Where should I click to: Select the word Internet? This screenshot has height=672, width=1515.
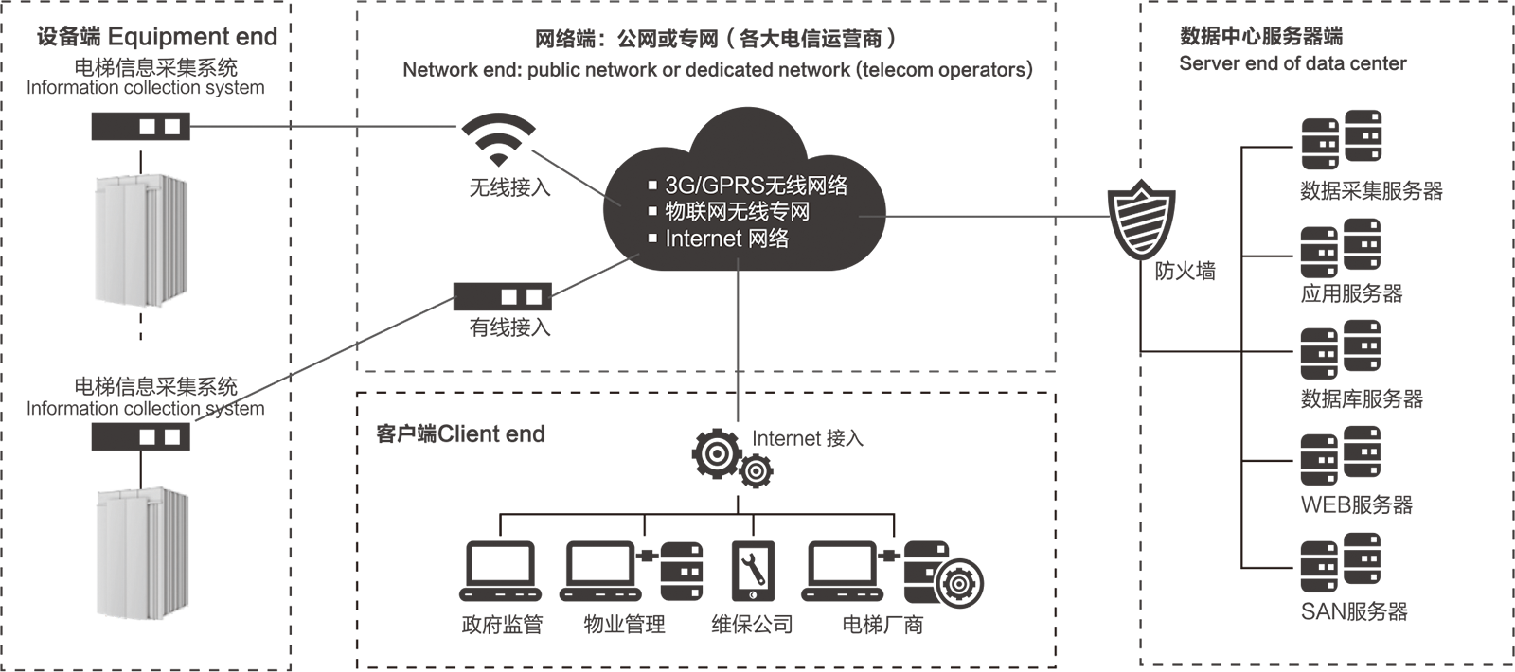[x=703, y=239]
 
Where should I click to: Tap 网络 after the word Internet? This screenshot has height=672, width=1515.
[x=768, y=239]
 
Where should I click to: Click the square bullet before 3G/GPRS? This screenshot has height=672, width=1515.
[x=652, y=186]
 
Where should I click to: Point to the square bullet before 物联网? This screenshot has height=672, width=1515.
[x=652, y=212]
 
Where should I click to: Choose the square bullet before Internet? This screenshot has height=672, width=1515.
[x=652, y=239]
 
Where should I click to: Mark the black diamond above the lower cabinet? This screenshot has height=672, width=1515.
[x=140, y=463]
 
